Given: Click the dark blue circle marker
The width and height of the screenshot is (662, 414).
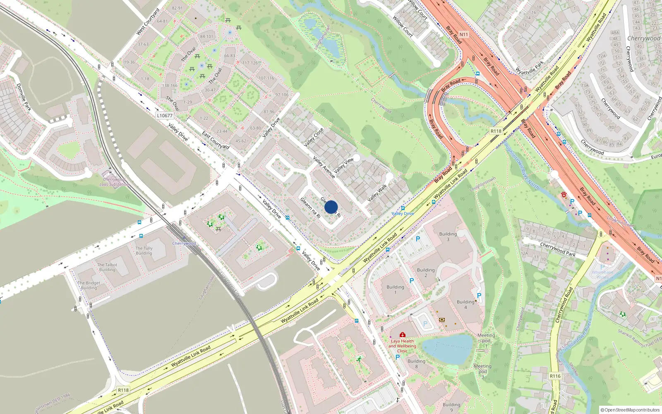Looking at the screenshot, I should (x=331, y=207).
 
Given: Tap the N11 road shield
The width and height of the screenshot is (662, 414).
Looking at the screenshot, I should (x=463, y=35).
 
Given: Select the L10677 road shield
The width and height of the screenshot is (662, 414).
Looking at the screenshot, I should (x=165, y=116).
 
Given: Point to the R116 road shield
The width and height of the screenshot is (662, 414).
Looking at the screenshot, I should (x=555, y=376).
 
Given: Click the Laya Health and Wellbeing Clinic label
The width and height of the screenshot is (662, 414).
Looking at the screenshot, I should (x=402, y=346).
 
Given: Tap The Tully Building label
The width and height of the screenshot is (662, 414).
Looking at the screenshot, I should (x=144, y=251).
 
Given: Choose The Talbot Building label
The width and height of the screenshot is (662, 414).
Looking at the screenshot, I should (x=107, y=267).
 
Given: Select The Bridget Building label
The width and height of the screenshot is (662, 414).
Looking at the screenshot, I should (x=89, y=285).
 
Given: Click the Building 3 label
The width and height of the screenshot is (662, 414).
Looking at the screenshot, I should (x=448, y=236).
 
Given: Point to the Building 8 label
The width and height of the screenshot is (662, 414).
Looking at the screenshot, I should (x=416, y=363).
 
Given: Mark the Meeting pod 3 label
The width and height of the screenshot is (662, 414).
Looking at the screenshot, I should (x=482, y=371).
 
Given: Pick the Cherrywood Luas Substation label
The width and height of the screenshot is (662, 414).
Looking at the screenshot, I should (x=114, y=182).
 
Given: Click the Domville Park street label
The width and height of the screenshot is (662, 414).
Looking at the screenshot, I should (x=24, y=97).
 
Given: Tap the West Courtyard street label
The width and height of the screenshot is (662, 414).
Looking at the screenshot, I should (x=148, y=22).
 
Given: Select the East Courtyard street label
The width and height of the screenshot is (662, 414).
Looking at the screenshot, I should (x=216, y=140).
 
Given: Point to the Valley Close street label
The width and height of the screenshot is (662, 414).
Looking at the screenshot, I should (x=314, y=137).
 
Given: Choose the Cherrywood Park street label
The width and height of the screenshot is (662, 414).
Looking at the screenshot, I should (x=557, y=249).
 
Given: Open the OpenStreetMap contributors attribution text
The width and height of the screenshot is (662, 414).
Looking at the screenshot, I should (x=630, y=410).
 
